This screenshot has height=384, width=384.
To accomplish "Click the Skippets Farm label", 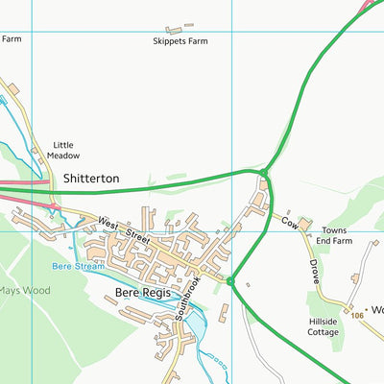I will pyautogui.click(x=181, y=41).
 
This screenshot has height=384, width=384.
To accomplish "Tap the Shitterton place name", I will pyautogui.click(x=91, y=179).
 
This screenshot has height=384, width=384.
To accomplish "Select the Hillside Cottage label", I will pyautogui.click(x=323, y=326).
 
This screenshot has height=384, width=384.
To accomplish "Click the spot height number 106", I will pyautogui.click(x=358, y=315).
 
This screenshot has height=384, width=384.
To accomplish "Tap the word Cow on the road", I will pyautogui.click(x=287, y=221).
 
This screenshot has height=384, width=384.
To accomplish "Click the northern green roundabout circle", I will pyautogui.click(x=264, y=173).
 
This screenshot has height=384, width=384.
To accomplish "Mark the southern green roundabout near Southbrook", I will pyautogui.click(x=230, y=280).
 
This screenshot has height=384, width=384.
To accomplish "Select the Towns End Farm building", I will pyautogui.click(x=304, y=224).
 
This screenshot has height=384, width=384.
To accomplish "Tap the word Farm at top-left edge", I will pyautogui.click(x=11, y=38).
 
